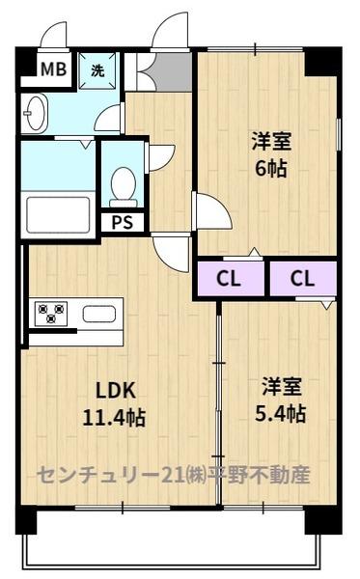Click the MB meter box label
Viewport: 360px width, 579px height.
(x=53, y=69)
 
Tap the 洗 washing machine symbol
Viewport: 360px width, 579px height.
(x=97, y=70)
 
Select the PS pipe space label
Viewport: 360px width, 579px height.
(x=123, y=223)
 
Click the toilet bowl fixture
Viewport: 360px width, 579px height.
(x=124, y=187)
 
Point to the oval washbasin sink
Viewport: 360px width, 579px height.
(x=35, y=113)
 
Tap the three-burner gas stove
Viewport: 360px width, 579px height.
(x=51, y=314)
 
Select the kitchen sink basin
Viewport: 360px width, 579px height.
(x=99, y=314)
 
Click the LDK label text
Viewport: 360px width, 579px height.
(x=116, y=391)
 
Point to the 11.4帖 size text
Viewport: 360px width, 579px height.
(x=114, y=418)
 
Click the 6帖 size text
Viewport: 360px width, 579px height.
(x=271, y=169)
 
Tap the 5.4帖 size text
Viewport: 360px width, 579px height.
(x=281, y=414)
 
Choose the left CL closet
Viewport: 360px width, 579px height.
(x=231, y=279)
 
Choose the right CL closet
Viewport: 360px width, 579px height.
(x=303, y=279)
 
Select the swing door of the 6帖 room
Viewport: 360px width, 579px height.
(x=211, y=211)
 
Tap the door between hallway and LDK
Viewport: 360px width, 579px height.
(x=172, y=253)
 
